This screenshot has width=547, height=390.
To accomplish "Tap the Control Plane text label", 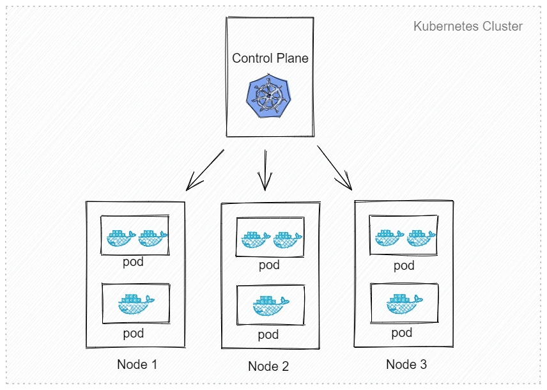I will pos(270,58).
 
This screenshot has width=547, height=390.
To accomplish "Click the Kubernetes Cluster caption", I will pos(468,27).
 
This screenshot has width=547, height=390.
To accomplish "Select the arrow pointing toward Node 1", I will pos(204,170).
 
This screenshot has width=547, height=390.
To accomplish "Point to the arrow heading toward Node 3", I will pos(335,168).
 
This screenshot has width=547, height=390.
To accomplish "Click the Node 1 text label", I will pos(137,364).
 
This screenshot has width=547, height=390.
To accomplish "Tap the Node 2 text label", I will pos(268,366).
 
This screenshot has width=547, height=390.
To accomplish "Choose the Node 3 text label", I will pos(406,364).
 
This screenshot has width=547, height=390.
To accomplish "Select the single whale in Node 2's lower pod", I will pos(270,304).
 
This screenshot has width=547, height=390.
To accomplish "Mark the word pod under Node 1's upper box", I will pos(134,262).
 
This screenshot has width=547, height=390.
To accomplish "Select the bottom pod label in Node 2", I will pos(268,334).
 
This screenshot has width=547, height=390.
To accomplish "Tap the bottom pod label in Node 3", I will pos(402,332).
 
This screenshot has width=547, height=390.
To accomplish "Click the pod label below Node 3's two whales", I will pos(404,265).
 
